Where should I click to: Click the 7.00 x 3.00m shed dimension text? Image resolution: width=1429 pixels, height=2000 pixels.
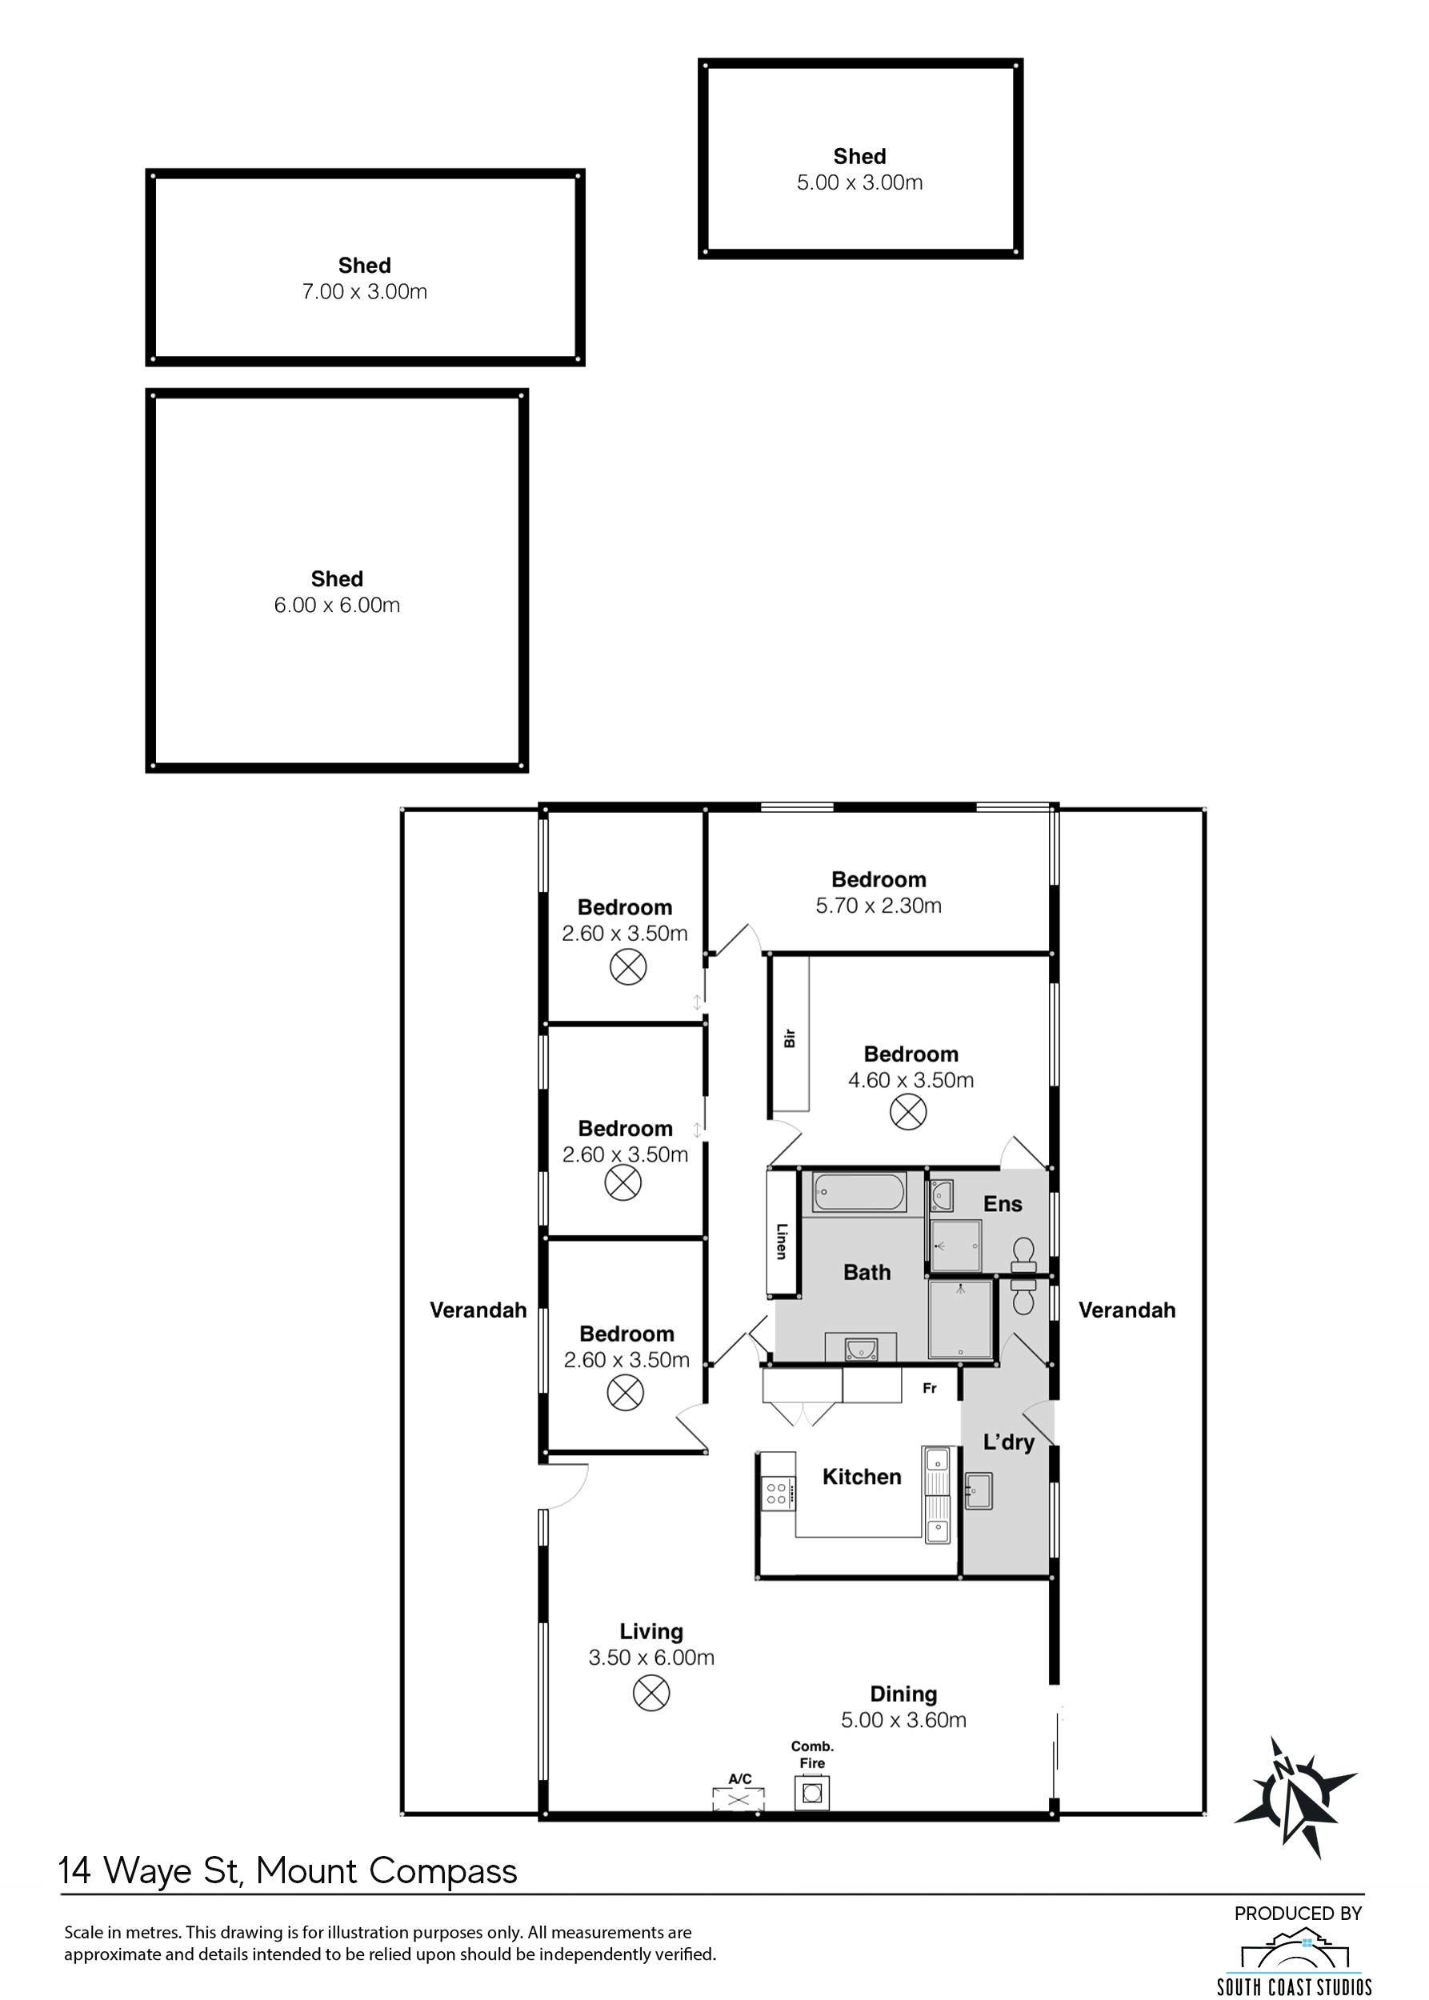coord(364,291)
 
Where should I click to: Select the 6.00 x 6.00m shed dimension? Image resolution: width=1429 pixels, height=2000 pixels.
coord(337,605)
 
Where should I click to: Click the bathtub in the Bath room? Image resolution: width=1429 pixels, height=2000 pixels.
coord(859,1192)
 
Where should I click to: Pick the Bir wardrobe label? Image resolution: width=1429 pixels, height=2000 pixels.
coord(789,1038)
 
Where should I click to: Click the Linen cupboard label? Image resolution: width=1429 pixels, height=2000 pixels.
coord(780,1241)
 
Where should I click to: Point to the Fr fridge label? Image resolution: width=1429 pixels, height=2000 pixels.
coord(929,1390)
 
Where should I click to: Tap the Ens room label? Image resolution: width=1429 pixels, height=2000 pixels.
coord(1003,1204)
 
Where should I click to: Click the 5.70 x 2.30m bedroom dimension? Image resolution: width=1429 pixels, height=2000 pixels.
coord(879,906)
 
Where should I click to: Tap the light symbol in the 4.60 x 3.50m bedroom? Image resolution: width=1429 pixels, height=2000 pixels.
coord(908,1111)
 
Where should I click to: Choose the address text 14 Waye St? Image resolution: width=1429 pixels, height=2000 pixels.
coord(150,1870)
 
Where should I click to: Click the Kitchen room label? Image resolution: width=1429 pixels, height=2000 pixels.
coord(862,1477)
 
